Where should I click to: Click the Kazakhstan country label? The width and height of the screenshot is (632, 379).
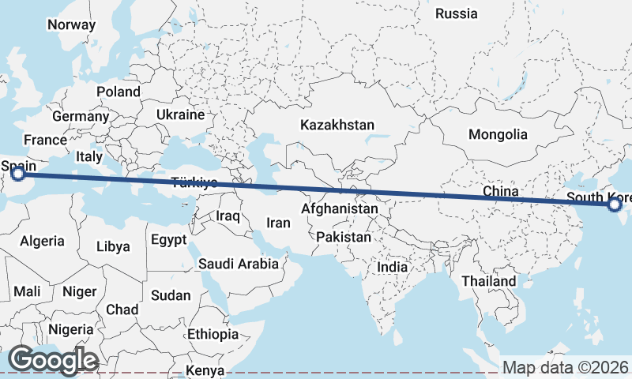pyautogui.click(x=337, y=125)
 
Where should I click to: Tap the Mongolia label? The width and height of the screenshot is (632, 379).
pyautogui.click(x=498, y=134)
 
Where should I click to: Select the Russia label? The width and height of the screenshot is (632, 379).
pyautogui.click(x=457, y=13)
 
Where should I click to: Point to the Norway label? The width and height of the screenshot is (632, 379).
pyautogui.click(x=71, y=24)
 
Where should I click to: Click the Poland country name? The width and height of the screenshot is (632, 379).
pyautogui.click(x=118, y=92)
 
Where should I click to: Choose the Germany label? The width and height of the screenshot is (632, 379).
pyautogui.click(x=81, y=116)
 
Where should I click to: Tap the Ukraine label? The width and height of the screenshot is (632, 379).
pyautogui.click(x=180, y=114)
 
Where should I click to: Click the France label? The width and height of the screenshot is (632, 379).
pyautogui.click(x=45, y=140)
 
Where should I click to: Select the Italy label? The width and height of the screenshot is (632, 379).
pyautogui.click(x=89, y=157)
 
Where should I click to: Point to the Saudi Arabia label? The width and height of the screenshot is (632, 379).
pyautogui.click(x=239, y=264)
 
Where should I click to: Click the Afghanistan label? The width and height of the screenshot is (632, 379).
pyautogui.click(x=340, y=209)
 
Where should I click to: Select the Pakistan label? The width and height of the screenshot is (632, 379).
pyautogui.click(x=344, y=237)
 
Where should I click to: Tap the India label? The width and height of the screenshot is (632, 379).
pyautogui.click(x=393, y=267)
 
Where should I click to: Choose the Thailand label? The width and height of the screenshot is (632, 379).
pyautogui.click(x=489, y=281)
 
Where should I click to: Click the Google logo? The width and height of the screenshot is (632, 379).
pyautogui.click(x=53, y=360)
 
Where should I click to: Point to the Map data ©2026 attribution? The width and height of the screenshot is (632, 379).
pyautogui.click(x=566, y=367)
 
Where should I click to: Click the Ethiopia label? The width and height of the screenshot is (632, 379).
pyautogui.click(x=213, y=334)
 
